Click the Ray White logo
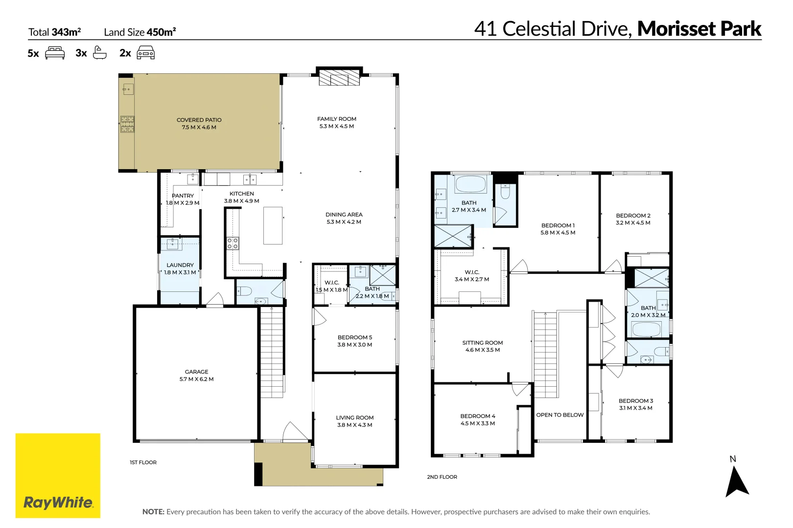[x=58, y=475]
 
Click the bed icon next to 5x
[x=55, y=53]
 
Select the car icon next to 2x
[x=145, y=53]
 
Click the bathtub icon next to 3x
[x=100, y=53]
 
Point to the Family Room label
[x=336, y=119]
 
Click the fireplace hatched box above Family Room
[x=339, y=78]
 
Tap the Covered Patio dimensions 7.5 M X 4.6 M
[x=199, y=127]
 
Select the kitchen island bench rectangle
[x=273, y=225]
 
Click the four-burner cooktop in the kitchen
[x=233, y=243]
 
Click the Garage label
[x=196, y=372]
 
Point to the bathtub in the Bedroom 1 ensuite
[x=470, y=185]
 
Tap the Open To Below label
[x=560, y=415]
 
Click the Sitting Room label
[x=482, y=343]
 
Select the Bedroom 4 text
[x=477, y=416]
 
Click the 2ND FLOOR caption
[x=442, y=477]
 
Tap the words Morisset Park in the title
[x=699, y=28]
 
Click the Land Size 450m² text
[x=140, y=32]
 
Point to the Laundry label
[x=180, y=265]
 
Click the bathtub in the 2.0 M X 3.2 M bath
[x=647, y=329]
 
